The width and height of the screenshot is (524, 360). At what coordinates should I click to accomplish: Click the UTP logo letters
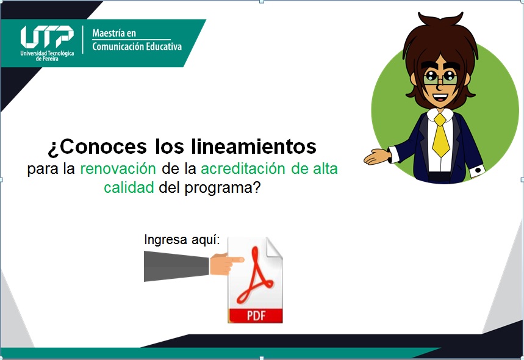(x=47, y=37)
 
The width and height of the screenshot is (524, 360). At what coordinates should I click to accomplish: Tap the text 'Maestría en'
(x=114, y=33)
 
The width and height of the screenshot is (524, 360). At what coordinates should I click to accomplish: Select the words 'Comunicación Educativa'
(x=137, y=46)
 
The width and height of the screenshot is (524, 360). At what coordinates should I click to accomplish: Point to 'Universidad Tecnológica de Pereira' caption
(x=47, y=56)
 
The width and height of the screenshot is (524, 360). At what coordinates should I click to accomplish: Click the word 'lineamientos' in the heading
(x=254, y=146)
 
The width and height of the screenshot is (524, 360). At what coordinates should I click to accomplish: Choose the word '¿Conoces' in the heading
(x=97, y=147)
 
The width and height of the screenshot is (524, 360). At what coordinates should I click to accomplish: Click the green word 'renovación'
(x=118, y=169)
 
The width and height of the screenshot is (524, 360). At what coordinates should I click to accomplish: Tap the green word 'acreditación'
(x=243, y=169)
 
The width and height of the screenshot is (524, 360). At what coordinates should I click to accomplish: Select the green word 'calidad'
(x=129, y=187)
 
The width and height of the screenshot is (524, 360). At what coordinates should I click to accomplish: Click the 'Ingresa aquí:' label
(x=182, y=240)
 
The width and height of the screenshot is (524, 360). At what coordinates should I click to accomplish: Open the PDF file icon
(x=255, y=280)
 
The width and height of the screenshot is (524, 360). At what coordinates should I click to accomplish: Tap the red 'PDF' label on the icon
(x=256, y=315)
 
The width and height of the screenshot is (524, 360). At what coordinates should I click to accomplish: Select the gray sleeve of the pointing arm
(x=176, y=267)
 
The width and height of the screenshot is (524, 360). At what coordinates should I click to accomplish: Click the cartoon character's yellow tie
(x=440, y=135)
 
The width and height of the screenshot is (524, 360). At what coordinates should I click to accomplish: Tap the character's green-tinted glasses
(x=440, y=78)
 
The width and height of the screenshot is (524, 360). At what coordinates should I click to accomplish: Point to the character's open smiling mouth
(x=440, y=98)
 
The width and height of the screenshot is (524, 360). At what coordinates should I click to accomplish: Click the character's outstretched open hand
(x=377, y=157)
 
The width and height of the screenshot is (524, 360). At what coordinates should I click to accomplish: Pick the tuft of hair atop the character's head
(x=440, y=19)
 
